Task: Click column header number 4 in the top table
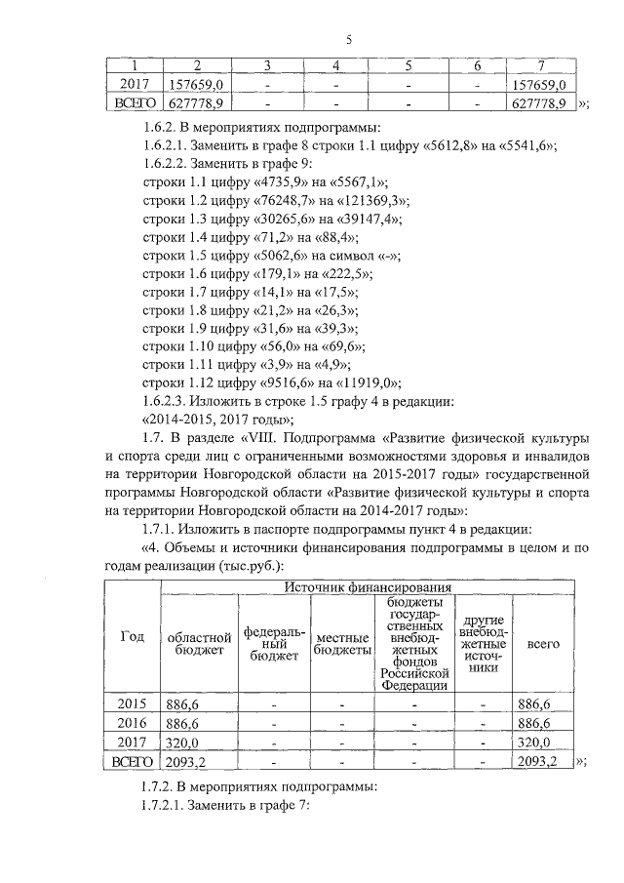pyautogui.click(x=334, y=65)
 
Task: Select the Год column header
pyautogui.click(x=132, y=637)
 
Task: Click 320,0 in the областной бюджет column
pyautogui.click(x=182, y=743)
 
